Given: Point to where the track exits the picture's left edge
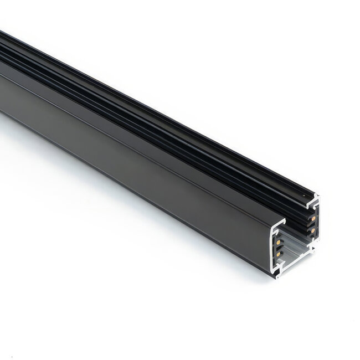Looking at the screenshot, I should [2, 83].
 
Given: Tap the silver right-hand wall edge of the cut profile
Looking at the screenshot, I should [319, 222].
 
